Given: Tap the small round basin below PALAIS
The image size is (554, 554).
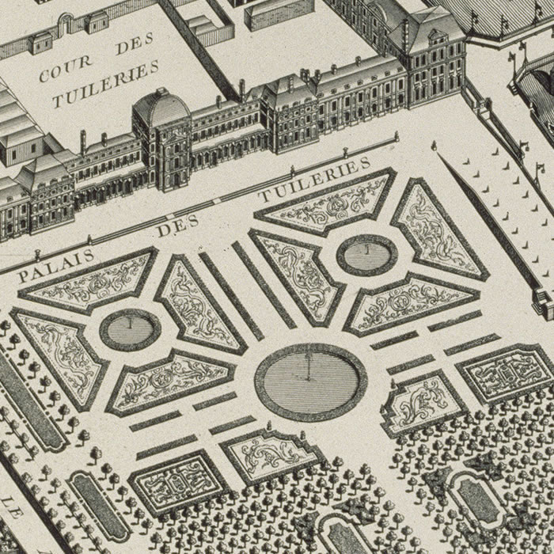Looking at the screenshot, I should point(130,328).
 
